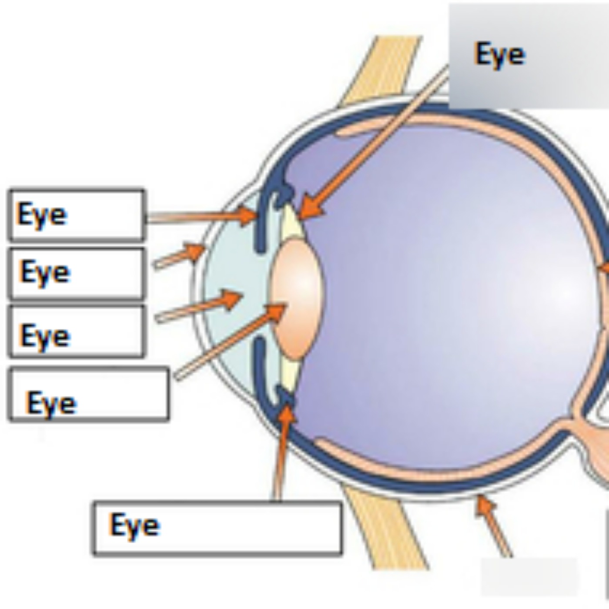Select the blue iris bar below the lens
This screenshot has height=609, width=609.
pyautogui.click(x=260, y=365)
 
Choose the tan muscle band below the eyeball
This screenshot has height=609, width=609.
pyautogui.click(x=383, y=531)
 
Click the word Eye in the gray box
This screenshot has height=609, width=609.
pyautogui.click(x=499, y=54)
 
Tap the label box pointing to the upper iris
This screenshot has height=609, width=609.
pyautogui.click(x=77, y=214)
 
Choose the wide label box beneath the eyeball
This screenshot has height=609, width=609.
pyautogui.click(x=217, y=528)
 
